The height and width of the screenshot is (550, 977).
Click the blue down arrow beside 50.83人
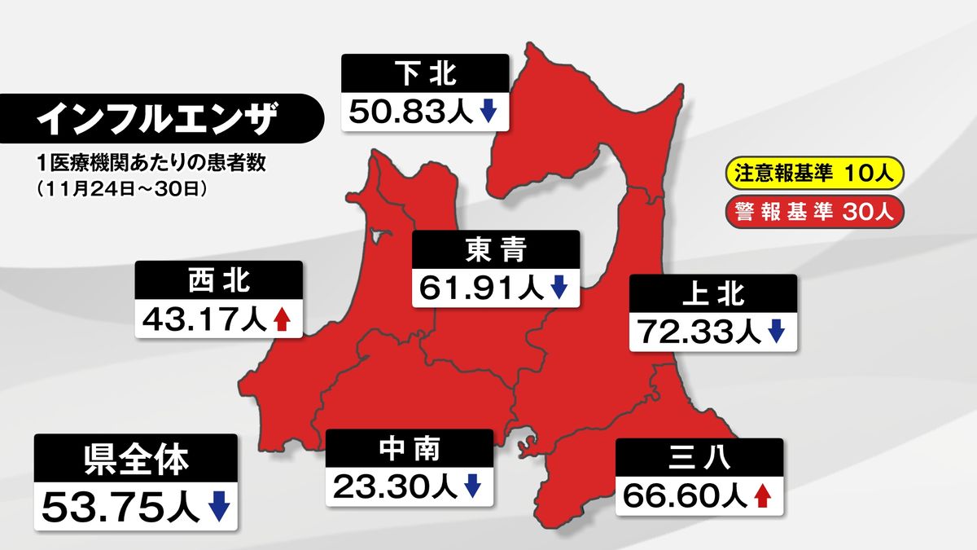coord(488,112)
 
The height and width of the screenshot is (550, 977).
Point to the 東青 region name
coord(495,251)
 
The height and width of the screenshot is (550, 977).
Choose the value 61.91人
coord(482,288)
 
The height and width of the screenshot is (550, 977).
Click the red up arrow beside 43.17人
coord(282,319)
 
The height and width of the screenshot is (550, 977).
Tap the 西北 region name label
coord(218,282)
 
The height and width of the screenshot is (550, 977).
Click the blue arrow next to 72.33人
coord(775,331)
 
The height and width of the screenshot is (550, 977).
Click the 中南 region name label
coord(410,449)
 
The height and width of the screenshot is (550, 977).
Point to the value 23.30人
coord(396,486)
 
